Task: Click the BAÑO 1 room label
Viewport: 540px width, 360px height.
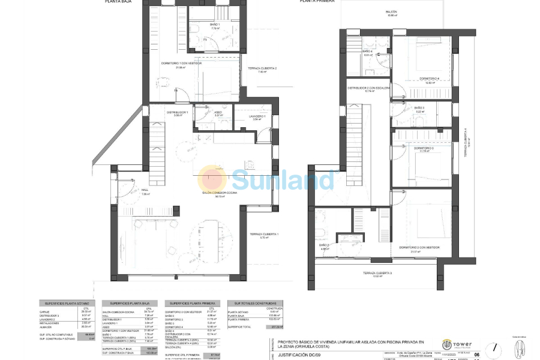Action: pyautogui.click(x=215, y=25)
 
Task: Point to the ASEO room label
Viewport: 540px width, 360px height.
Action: pyautogui.click(x=218, y=112)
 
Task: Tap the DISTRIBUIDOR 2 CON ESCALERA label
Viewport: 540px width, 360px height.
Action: pyautogui.click(x=369, y=89)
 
